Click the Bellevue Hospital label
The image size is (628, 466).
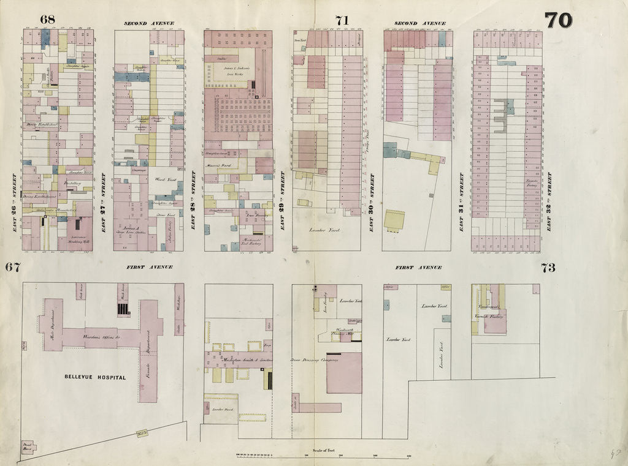tap(94, 377)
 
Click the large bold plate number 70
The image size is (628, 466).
tap(558, 20)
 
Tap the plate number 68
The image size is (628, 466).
tap(47, 19)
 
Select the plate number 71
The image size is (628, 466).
tap(342, 20)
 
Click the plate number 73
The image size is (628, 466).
tap(548, 267)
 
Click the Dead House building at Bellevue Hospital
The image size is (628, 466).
tap(28, 446)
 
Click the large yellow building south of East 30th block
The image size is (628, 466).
tap(394, 219)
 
